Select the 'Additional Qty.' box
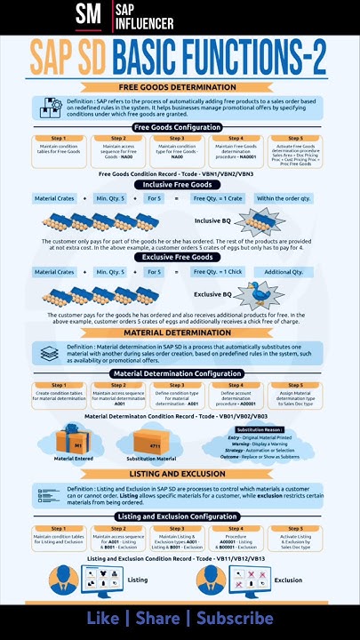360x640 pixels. point(284,271)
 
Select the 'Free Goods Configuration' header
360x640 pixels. point(177,127)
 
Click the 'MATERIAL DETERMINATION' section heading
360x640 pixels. point(177,332)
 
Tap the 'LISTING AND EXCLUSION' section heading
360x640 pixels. point(177,474)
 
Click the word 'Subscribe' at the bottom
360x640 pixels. point(235,618)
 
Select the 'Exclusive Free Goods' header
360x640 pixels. point(177,257)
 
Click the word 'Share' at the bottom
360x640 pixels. point(157,618)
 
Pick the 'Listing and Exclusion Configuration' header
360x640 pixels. point(177,516)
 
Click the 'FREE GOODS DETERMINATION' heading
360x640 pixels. point(177,87)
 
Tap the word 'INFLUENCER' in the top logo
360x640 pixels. point(138,21)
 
